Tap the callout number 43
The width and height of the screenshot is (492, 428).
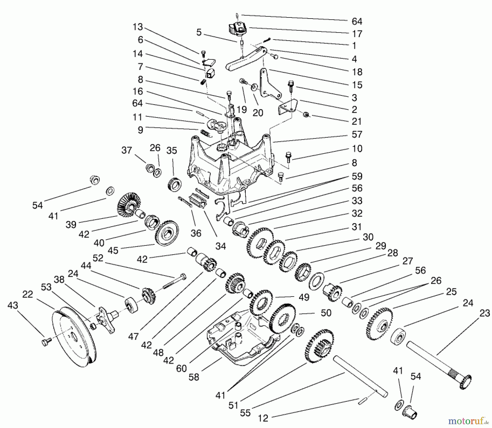click(13, 306)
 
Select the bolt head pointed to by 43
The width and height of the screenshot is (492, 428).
click(45, 341)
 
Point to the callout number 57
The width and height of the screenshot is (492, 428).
click(357, 135)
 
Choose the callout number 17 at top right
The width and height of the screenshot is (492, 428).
click(357, 34)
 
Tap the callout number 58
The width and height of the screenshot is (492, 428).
click(194, 377)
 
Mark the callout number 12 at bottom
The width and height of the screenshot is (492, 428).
click(263, 418)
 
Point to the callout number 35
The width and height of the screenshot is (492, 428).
click(172, 151)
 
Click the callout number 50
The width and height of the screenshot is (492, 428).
click(326, 313)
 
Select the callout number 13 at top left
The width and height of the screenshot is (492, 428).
click(138, 27)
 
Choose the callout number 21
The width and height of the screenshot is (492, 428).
click(357, 122)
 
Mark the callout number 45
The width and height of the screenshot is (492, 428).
click(113, 250)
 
